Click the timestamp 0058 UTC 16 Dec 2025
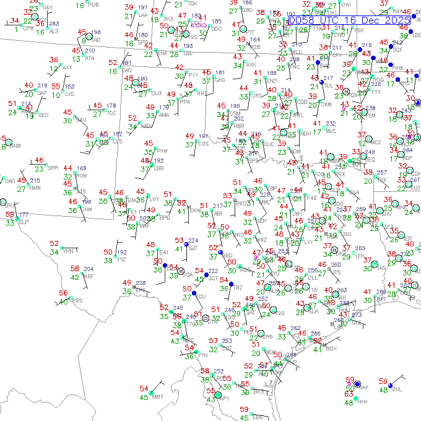point(349,20)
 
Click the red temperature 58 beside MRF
point(74,269)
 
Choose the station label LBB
point(158,168)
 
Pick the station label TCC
point(111,113)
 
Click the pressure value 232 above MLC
point(331,124)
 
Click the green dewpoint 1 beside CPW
point(15,28)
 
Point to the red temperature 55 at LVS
point(56,86)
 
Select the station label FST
point(121,260)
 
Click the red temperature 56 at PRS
point(63,293)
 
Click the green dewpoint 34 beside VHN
point(54,252)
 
